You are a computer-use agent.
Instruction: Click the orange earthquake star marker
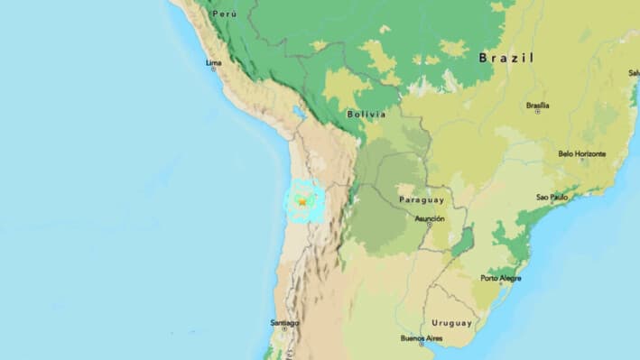(x=301, y=203)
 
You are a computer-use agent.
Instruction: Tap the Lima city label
(x=213, y=62)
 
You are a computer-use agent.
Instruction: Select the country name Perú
(x=223, y=14)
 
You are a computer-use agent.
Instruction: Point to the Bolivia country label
(x=366, y=114)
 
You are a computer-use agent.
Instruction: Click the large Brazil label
(x=506, y=58)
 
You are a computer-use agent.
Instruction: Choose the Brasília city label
(x=539, y=104)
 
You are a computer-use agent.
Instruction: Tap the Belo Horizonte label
(x=582, y=154)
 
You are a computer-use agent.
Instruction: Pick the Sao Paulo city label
(x=552, y=197)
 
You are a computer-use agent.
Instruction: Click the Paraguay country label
(x=420, y=199)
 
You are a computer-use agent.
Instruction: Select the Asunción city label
(x=429, y=218)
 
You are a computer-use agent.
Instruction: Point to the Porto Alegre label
(x=501, y=278)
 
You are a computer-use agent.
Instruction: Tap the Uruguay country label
(x=451, y=322)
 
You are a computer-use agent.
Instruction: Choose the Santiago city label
(x=284, y=322)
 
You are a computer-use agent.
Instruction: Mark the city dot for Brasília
(x=538, y=111)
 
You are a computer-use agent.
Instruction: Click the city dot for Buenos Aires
(x=421, y=345)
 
